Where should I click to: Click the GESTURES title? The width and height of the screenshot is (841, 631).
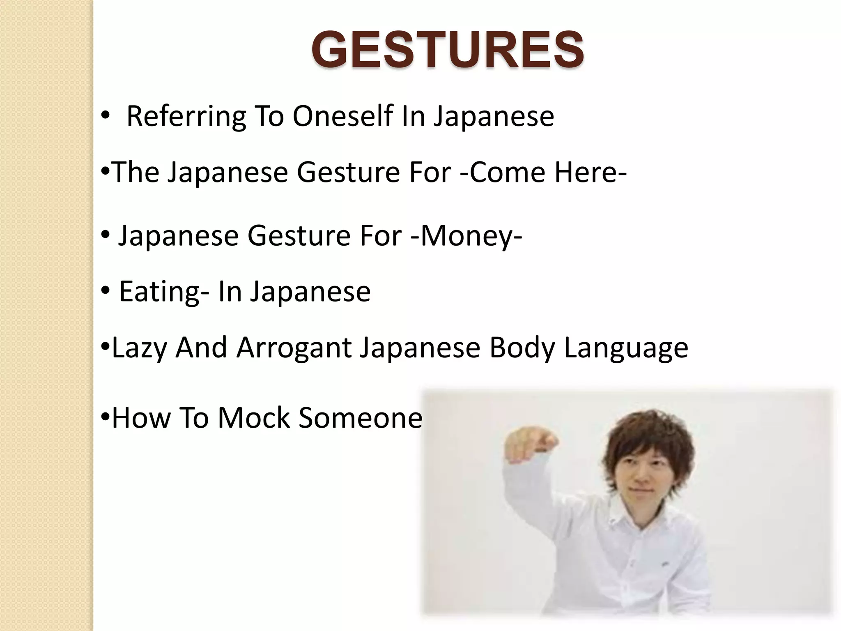coord(448,50)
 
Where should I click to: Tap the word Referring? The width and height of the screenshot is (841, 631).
coord(186,117)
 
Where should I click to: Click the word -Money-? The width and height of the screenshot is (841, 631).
coord(466,236)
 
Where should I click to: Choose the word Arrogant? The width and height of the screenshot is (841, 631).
coord(294,348)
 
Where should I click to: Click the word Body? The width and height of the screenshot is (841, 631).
coord(522,348)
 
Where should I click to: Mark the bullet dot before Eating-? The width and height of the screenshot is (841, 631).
coord(106,291)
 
